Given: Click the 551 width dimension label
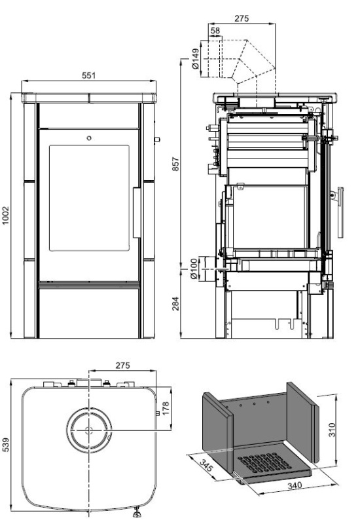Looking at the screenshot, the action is coord(88,75).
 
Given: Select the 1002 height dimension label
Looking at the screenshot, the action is coord(6,215).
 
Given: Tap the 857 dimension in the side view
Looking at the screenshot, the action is coord(175,164).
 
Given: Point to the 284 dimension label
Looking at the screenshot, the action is coord(175,304).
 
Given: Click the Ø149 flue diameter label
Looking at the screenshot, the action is coord(195,59).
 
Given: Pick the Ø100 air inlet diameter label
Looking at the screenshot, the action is coord(194,269).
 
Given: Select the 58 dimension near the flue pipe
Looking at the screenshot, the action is coord(215,31).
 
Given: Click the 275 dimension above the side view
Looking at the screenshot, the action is coord(242,18).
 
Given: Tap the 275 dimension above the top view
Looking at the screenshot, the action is coord(122,365).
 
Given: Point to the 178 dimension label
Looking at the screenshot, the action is coord(166,409).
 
